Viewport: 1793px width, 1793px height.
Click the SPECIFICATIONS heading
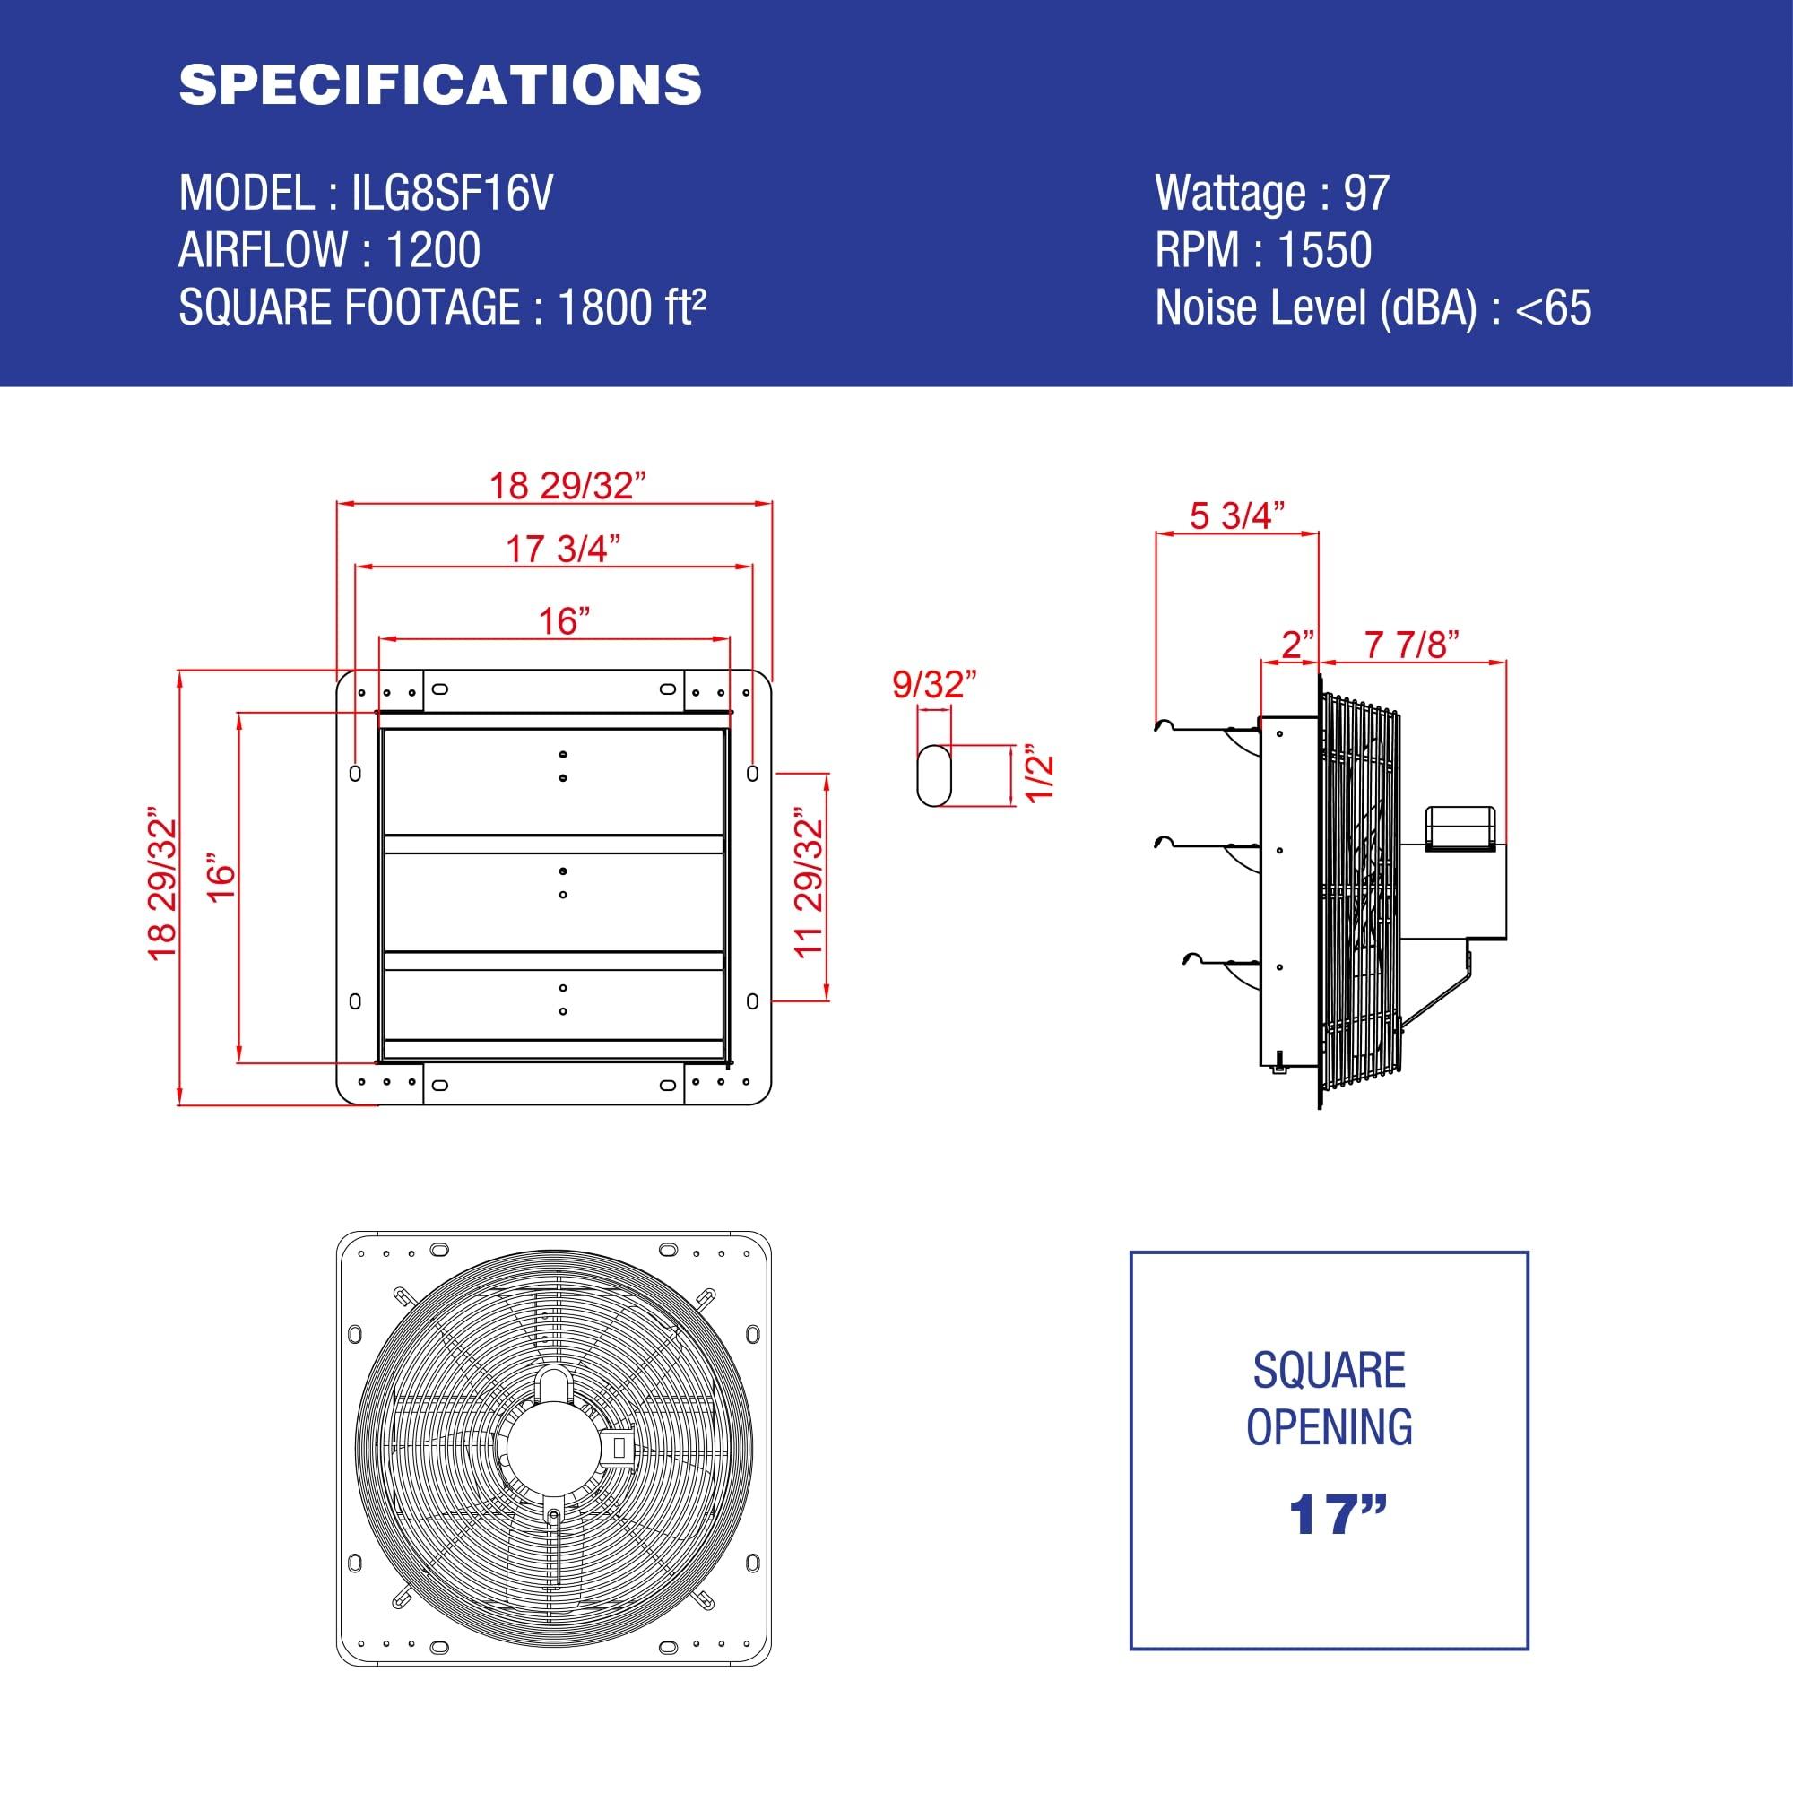pos(440,84)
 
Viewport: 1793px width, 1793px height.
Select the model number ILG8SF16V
pos(452,193)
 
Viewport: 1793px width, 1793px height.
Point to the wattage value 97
pos(1366,193)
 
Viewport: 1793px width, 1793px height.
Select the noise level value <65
pos(1553,307)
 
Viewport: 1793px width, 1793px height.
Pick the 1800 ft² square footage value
pos(631,307)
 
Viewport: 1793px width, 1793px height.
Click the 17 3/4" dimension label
pos(562,549)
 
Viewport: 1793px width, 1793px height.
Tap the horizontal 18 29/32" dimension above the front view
pos(566,484)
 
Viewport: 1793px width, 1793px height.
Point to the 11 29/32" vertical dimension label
pos(810,887)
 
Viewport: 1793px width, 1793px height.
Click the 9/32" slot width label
pos(933,684)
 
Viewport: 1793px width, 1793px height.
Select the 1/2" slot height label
pos(1041,776)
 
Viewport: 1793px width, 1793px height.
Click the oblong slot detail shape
pos(933,775)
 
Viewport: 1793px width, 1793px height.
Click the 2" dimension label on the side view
pos(1296,644)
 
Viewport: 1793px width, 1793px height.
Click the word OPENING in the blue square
pos(1328,1426)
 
